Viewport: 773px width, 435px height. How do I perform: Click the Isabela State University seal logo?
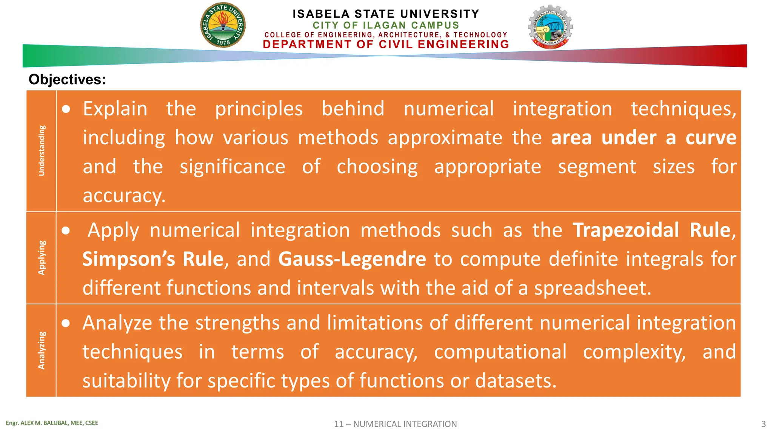tap(223, 25)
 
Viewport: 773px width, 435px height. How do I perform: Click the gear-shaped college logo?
tap(550, 27)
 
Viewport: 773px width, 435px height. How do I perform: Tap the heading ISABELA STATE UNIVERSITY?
tap(386, 14)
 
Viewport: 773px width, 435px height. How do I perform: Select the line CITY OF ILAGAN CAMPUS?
tap(386, 25)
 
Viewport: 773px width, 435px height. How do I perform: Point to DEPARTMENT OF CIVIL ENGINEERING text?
tap(386, 45)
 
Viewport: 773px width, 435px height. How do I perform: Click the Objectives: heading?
tap(67, 80)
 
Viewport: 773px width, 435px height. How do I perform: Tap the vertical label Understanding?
tap(42, 151)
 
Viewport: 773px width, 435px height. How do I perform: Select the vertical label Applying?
tap(42, 258)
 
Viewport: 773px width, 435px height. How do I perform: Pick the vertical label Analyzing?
tap(42, 350)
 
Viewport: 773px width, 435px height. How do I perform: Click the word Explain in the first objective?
tap(115, 109)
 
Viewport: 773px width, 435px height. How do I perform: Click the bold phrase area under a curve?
tap(644, 137)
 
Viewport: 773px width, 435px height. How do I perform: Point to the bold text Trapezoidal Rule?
tap(651, 230)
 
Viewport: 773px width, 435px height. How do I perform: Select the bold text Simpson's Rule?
tap(153, 259)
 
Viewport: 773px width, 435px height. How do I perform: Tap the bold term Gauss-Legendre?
tap(352, 259)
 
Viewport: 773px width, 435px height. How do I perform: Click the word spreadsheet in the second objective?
tap(592, 288)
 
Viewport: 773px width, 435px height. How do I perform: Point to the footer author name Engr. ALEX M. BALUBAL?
tap(52, 423)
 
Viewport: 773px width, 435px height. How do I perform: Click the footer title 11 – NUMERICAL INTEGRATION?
tap(395, 424)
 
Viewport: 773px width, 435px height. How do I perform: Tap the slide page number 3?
tap(763, 424)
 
